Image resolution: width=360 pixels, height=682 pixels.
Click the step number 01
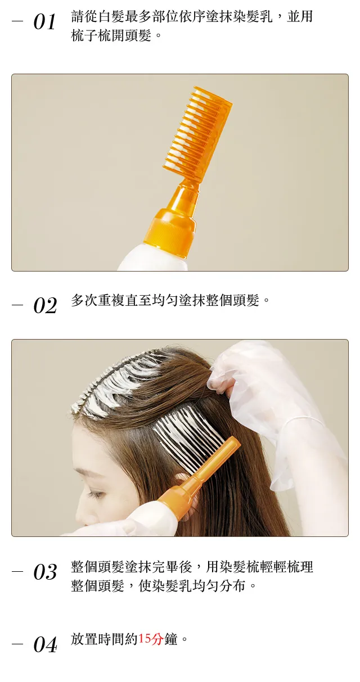45,22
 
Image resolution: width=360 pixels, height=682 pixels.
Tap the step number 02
45,305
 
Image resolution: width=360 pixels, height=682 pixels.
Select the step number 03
45,572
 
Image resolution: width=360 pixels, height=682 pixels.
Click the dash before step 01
17,21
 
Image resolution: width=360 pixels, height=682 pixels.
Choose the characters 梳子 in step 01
84,35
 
